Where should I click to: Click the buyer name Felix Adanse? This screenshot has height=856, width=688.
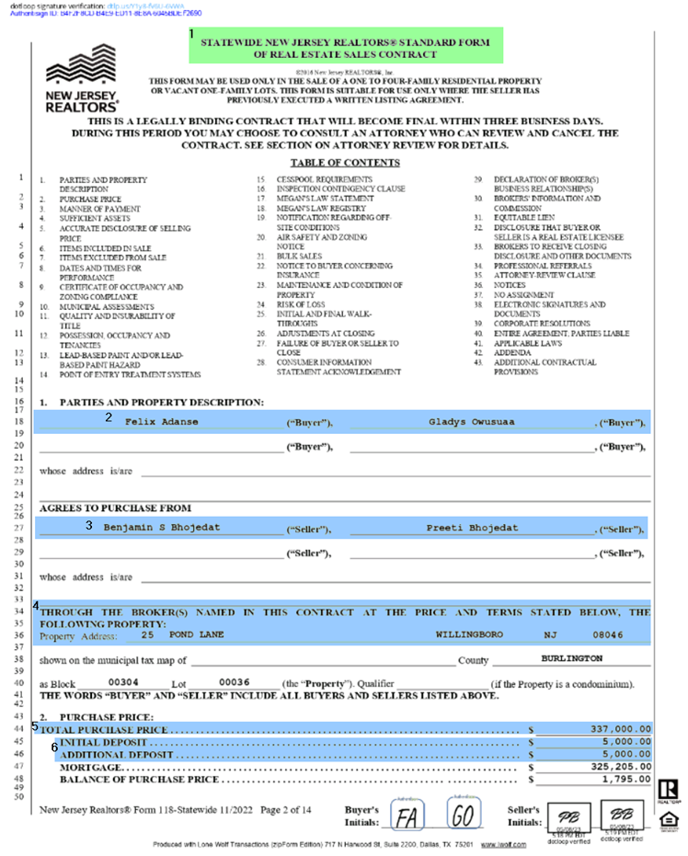click(x=161, y=422)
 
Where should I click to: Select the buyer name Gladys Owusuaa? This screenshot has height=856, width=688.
click(x=467, y=422)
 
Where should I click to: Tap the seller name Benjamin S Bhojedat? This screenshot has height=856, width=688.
click(x=162, y=528)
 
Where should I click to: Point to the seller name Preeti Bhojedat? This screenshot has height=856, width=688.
click(x=472, y=528)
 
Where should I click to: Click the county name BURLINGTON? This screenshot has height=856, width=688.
click(x=570, y=658)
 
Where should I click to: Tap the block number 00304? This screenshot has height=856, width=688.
click(x=124, y=682)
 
